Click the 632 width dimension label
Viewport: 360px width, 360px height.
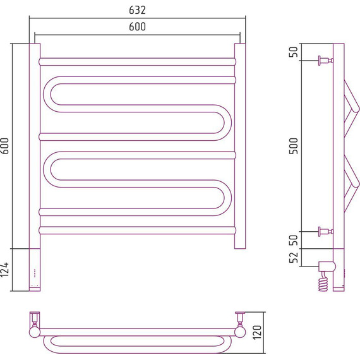(137, 10)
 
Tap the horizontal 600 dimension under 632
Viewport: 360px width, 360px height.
(137, 27)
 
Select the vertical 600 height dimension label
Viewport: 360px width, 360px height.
(5, 146)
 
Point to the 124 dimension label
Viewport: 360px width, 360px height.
(5, 270)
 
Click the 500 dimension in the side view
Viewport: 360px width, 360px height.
(294, 146)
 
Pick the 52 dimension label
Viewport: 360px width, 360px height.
(294, 258)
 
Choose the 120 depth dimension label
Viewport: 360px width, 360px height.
(258, 332)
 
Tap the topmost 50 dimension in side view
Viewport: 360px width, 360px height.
(294, 52)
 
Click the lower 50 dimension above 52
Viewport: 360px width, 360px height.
(294, 240)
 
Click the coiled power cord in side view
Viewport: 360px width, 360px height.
(323, 282)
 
